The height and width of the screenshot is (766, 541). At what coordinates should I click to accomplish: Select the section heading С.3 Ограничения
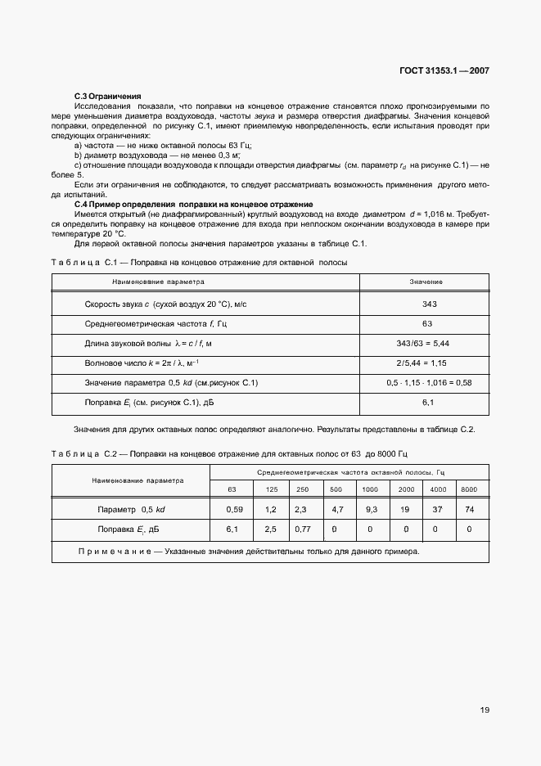(108, 97)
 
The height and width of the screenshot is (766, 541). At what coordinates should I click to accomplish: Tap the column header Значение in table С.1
(426, 281)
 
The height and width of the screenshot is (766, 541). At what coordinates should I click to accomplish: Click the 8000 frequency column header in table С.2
(469, 489)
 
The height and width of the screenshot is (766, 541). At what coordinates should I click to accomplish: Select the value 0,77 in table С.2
(302, 529)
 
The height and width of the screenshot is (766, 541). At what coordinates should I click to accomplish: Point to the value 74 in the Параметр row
(469, 509)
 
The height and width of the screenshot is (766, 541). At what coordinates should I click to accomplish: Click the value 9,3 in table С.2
(370, 509)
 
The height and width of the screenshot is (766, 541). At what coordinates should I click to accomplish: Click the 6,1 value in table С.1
(427, 402)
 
